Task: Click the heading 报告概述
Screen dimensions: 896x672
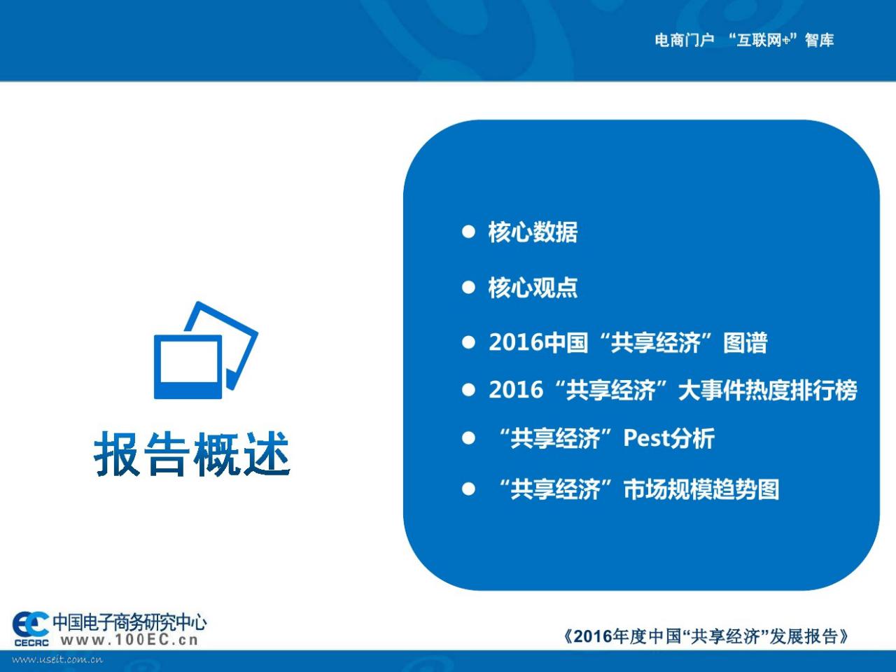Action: pyautogui.click(x=192, y=454)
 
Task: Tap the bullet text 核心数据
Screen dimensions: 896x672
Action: pyautogui.click(x=533, y=232)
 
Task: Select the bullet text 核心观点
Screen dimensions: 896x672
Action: pyautogui.click(x=533, y=287)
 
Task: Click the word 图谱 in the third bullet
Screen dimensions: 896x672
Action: pyautogui.click(x=745, y=342)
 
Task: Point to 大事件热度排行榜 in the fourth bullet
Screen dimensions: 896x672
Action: pyautogui.click(x=767, y=390)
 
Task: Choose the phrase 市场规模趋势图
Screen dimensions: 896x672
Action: pyautogui.click(x=701, y=489)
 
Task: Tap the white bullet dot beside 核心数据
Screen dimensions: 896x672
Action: pyautogui.click(x=468, y=232)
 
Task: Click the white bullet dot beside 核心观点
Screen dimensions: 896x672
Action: pyautogui.click(x=468, y=287)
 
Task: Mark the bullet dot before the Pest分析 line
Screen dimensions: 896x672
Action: pyautogui.click(x=468, y=438)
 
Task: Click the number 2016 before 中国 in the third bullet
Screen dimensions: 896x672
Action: pyautogui.click(x=516, y=342)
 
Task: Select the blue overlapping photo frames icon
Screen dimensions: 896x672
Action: pyautogui.click(x=206, y=350)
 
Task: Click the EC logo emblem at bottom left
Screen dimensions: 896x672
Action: pyautogui.click(x=31, y=624)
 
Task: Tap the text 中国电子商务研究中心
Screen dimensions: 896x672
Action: pyautogui.click(x=129, y=622)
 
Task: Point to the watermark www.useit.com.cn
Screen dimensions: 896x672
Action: pyautogui.click(x=57, y=660)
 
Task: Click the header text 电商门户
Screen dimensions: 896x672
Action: pyautogui.click(x=685, y=40)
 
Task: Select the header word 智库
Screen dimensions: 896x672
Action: pyautogui.click(x=819, y=40)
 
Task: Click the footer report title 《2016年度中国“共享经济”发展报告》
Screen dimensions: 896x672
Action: pyautogui.click(x=706, y=636)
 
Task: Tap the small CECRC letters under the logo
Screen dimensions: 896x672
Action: pyautogui.click(x=31, y=643)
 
